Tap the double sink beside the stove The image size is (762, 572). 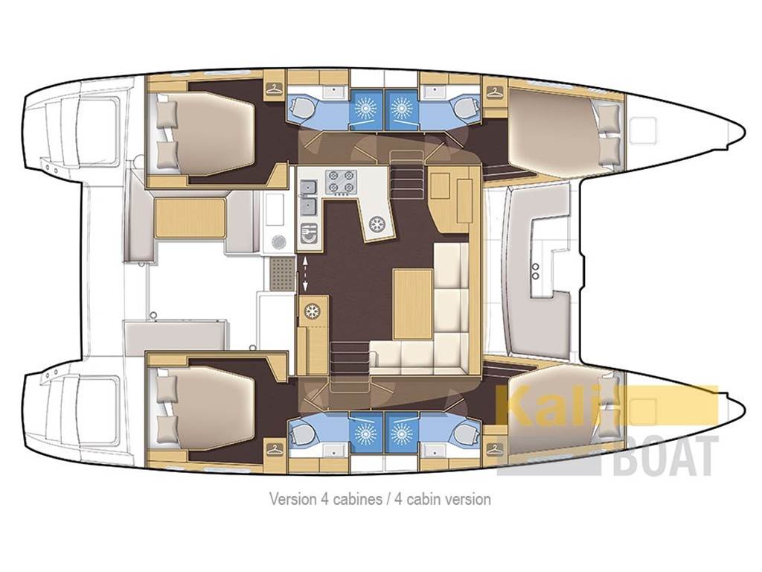[309, 197]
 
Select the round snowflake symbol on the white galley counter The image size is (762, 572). [376, 224]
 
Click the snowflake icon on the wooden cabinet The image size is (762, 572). [312, 312]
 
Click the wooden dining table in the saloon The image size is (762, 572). [412, 304]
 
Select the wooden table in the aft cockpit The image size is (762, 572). [190, 217]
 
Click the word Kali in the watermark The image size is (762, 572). [558, 404]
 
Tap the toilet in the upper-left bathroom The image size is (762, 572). [304, 107]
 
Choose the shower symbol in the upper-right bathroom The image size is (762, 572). [401, 107]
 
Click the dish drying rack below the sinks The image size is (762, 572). [308, 233]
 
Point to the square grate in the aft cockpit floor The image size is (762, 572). [282, 273]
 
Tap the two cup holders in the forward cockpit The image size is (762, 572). [536, 271]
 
